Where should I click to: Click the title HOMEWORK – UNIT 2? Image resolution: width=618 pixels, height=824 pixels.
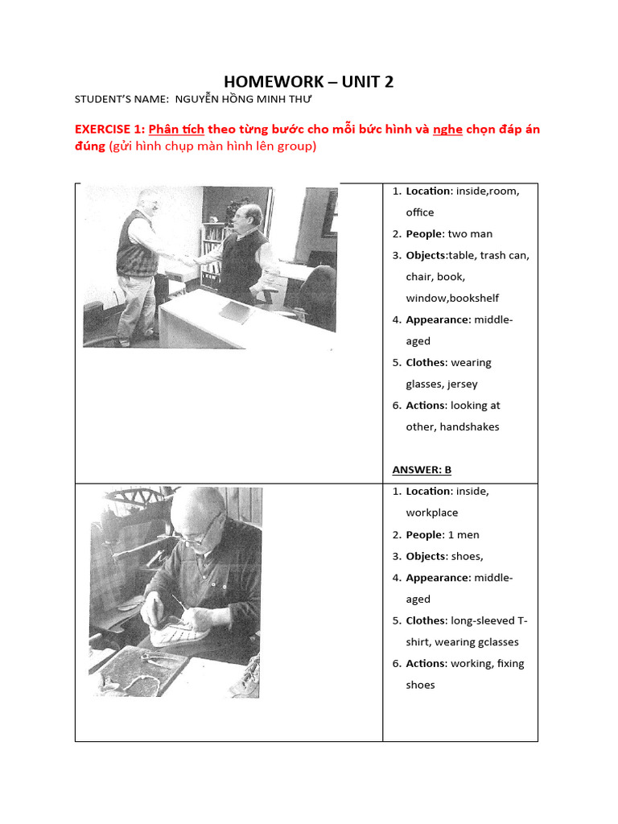coord(308,81)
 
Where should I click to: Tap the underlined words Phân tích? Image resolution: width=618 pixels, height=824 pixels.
coord(176,130)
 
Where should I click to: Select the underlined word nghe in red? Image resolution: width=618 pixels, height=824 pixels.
coord(447,130)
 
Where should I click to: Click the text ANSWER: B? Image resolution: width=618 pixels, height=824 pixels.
coord(427,470)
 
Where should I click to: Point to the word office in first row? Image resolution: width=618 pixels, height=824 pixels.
coord(419,212)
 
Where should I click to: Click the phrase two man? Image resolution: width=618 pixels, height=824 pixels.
coord(470,234)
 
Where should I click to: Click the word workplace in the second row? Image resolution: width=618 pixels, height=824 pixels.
coord(431,513)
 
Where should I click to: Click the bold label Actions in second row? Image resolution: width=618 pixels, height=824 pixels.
coord(425,664)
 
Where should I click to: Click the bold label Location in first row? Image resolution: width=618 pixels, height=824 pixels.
coord(427,192)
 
